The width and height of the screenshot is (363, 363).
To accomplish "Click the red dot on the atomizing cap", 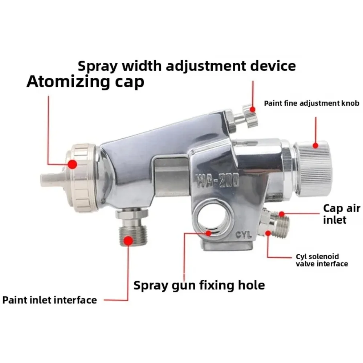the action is click(72, 164).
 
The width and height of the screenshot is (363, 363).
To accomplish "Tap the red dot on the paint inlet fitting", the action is click(128, 241).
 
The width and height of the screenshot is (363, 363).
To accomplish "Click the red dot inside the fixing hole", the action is click(209, 233).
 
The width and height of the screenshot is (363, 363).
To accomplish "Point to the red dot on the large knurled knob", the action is click(315, 146).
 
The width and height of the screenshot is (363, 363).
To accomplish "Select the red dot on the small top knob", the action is click(253, 109).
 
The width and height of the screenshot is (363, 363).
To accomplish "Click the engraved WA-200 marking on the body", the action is click(217, 180).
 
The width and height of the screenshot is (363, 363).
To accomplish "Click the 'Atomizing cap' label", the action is click(85, 82).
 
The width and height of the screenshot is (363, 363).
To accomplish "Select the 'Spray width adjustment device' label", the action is click(187, 66).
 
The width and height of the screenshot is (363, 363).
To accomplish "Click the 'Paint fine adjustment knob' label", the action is click(311, 103).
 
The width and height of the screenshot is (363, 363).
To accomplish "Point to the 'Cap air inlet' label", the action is click(342, 214).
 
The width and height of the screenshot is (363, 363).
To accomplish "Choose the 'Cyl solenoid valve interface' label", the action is click(322, 260).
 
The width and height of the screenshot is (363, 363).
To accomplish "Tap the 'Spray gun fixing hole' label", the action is click(199, 285).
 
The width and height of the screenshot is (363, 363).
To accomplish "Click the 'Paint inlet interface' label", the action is click(49, 300).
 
